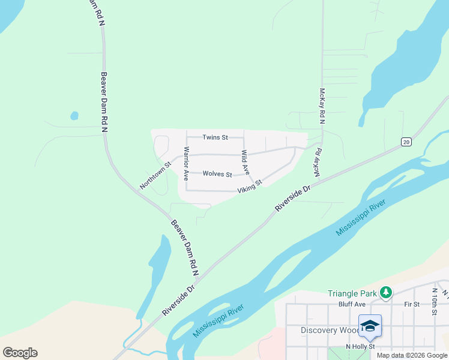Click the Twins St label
[215, 137]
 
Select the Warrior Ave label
[186, 164]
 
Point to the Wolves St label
[217, 174]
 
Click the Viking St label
[250, 187]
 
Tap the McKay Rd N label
[322, 106]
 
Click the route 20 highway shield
[406, 142]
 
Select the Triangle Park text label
[352, 293]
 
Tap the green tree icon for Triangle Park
[386, 293]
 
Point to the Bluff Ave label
[352, 305]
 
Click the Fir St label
[411, 305]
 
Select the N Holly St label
[360, 347]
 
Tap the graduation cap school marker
[370, 326]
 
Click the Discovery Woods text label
[329, 331]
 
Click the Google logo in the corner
[20, 353]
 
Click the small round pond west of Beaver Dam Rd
[74, 115]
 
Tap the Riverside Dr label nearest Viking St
[293, 197]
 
